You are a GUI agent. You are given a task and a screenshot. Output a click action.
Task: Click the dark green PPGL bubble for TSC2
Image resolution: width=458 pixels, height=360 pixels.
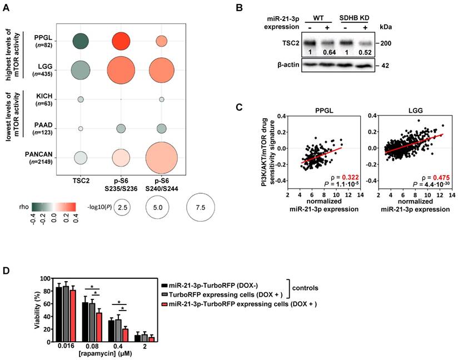tap(81, 41)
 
